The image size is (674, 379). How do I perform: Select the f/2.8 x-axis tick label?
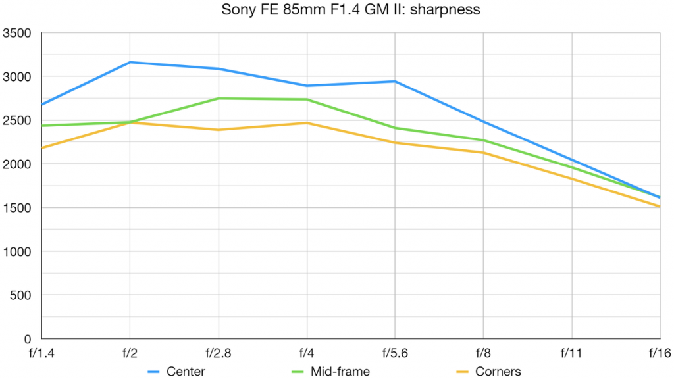point(218,353)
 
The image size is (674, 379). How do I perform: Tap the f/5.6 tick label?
point(394,353)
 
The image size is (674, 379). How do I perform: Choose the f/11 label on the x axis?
point(571,353)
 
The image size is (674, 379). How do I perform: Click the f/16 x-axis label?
point(658,353)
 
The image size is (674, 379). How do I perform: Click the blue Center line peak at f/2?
point(130,63)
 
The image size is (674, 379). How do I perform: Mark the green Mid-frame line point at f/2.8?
point(218,99)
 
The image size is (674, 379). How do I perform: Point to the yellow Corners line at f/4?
point(306,123)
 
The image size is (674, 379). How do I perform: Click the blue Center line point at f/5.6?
point(395,82)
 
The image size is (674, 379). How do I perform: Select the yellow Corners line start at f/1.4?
point(41,148)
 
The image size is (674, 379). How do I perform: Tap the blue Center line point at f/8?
point(483,122)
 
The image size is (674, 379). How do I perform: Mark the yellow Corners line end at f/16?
point(660,207)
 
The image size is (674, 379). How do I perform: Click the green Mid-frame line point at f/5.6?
point(395,128)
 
